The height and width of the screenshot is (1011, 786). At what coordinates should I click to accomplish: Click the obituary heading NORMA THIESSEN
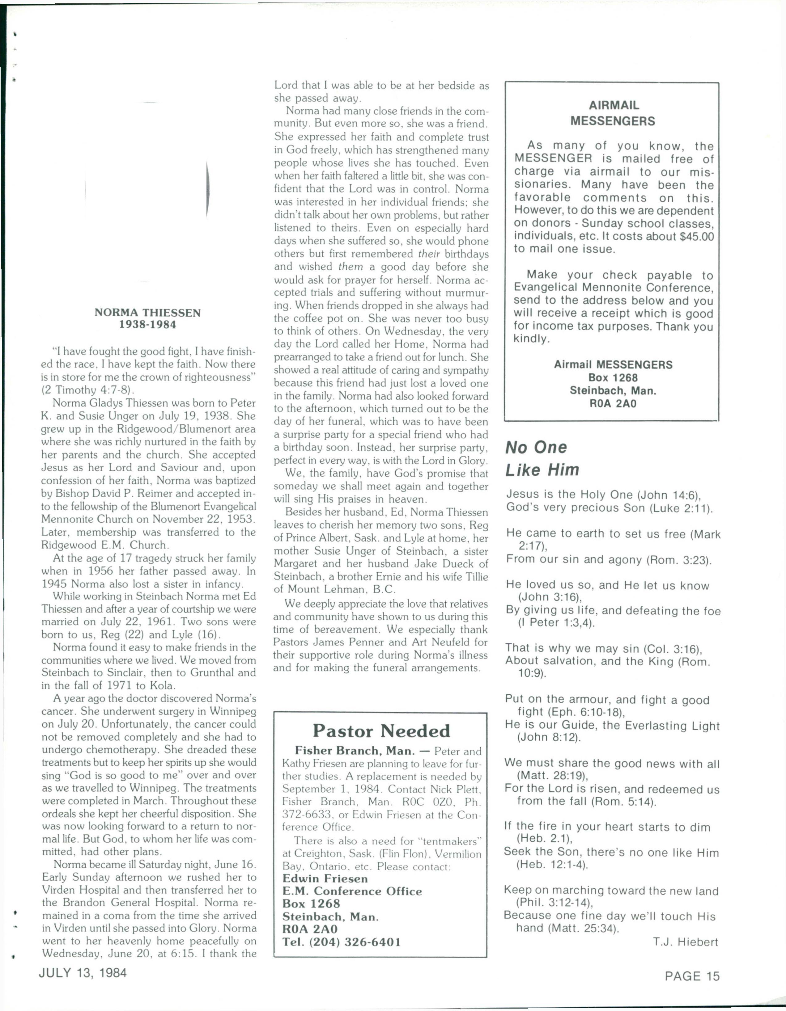(147, 313)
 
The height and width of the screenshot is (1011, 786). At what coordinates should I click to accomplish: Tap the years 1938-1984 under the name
(148, 325)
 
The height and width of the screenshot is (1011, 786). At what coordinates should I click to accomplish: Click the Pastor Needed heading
(381, 731)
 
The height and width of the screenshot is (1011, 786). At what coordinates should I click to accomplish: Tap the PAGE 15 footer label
(692, 976)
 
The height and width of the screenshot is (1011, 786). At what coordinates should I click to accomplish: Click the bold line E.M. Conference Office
(352, 891)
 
